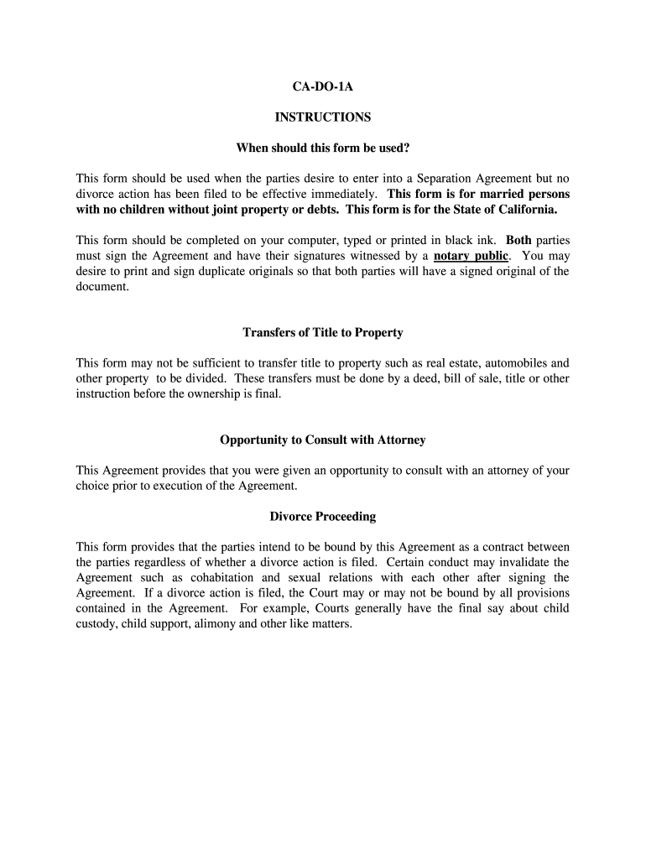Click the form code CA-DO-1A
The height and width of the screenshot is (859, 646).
coord(322,86)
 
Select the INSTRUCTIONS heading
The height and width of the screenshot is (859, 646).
coord(322,117)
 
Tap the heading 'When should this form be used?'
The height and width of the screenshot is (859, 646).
coord(322,148)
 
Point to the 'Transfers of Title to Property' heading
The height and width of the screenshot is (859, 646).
coord(322,333)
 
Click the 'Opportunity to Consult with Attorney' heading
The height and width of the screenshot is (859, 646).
coord(322,440)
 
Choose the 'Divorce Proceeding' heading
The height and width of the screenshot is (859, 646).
coord(322,517)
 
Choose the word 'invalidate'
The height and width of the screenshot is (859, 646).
coord(519,563)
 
